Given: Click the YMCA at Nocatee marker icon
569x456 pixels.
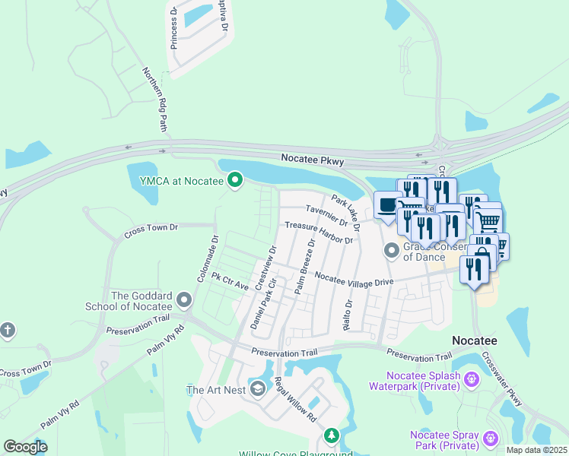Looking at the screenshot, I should click(x=235, y=180).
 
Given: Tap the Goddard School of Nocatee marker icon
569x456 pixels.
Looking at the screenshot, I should click(x=183, y=301).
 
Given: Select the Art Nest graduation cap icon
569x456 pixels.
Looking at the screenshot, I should click(x=258, y=390).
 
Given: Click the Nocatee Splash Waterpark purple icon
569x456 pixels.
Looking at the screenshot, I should click(x=471, y=378).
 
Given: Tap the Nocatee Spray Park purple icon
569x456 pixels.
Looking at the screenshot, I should click(x=491, y=437).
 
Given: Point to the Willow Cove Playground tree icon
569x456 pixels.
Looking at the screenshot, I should click(x=331, y=435).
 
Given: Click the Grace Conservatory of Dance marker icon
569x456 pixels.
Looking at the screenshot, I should click(x=392, y=249).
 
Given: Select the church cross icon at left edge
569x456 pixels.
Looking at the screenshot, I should click(x=8, y=331).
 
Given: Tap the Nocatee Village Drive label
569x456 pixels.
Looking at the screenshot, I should click(x=354, y=280).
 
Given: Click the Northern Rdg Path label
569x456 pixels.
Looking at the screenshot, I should click(x=154, y=99).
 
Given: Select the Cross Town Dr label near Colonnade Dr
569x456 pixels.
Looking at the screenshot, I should click(x=151, y=227).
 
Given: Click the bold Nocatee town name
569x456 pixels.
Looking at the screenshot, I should click(x=475, y=340).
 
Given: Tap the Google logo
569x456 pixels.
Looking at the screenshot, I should click(x=25, y=447).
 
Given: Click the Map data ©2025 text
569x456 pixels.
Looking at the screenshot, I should click(x=536, y=450).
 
